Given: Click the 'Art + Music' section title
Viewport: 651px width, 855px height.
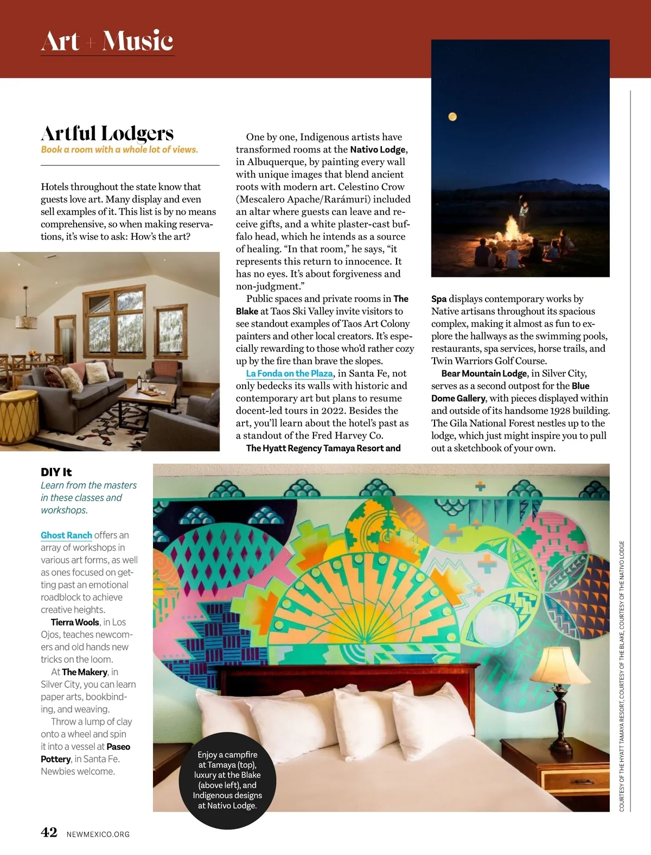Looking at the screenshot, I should [107, 41].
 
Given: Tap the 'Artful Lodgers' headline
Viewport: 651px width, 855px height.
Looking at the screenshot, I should [107, 133].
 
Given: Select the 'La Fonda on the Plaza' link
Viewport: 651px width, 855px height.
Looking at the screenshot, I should [289, 373].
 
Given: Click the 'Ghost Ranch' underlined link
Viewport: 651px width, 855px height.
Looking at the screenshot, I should [66, 535].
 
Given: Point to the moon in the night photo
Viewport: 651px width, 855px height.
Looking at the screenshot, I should [452, 117].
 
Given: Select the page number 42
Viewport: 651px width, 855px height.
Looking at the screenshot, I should [49, 832].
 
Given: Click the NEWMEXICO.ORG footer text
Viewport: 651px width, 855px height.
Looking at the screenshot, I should [98, 834].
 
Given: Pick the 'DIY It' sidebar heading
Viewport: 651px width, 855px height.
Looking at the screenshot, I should [56, 472].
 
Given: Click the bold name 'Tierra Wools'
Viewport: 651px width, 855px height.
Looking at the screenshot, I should [75, 622].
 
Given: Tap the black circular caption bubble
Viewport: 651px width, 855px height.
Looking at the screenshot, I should [227, 782].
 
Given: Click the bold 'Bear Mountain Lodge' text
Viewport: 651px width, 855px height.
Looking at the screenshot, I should [484, 373].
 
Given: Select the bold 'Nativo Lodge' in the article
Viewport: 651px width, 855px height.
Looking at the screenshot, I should [378, 149].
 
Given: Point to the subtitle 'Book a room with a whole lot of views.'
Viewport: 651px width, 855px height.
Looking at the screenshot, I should [119, 149].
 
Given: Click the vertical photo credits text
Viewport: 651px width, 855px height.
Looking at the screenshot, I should [622, 676].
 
